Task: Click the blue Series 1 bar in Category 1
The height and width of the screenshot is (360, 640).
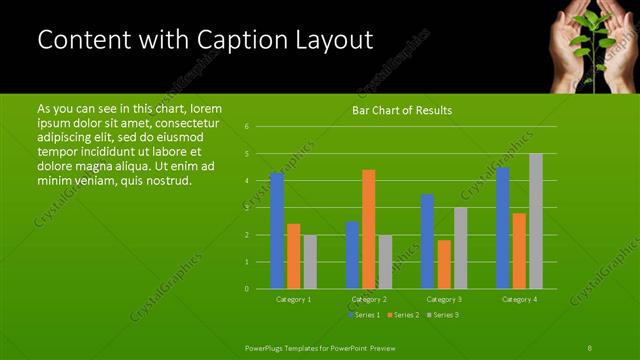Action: click(277, 230)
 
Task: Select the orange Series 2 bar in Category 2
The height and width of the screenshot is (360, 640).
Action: click(369, 229)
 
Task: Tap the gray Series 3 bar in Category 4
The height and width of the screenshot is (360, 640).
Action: click(536, 221)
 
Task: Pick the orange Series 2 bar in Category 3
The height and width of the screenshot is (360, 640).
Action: click(444, 264)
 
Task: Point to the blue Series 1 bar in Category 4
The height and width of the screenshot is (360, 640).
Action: click(503, 228)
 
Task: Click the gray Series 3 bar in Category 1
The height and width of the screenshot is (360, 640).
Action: click(310, 261)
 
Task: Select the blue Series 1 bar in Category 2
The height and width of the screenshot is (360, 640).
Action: click(352, 255)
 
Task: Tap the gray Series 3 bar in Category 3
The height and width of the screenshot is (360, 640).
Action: click(461, 248)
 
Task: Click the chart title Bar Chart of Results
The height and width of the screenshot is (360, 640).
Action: click(403, 110)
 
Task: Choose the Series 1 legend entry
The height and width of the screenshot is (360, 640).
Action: click(364, 315)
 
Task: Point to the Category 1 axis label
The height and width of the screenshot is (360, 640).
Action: click(293, 299)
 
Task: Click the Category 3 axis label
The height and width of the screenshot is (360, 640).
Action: click(444, 299)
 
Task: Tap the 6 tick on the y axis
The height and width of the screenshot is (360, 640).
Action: click(246, 127)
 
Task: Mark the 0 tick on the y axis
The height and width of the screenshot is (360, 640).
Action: click(246, 289)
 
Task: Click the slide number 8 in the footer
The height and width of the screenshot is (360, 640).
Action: click(590, 347)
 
